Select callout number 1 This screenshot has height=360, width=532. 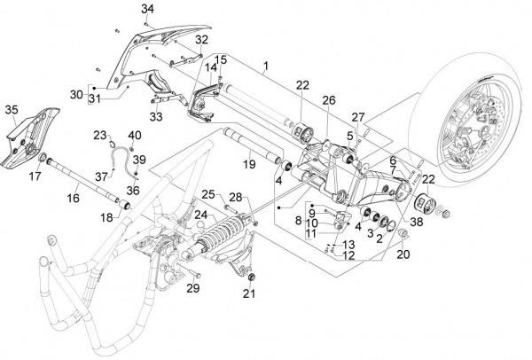tap(265, 67)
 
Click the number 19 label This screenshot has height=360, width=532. tap(250, 163)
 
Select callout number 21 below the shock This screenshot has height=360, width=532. tap(249, 293)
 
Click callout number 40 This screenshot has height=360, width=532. tap(135, 135)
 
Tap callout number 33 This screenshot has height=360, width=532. tap(182, 116)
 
